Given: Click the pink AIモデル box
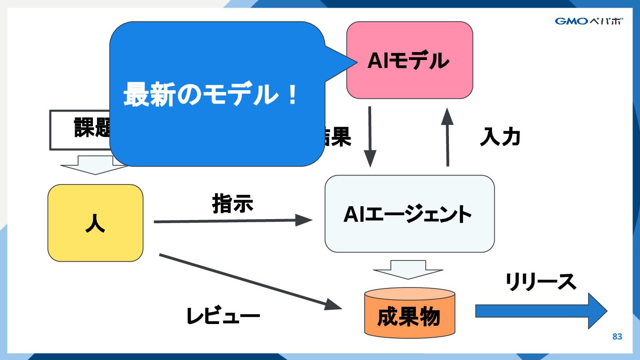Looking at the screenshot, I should tap(409, 60).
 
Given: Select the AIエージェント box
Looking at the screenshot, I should tap(409, 214).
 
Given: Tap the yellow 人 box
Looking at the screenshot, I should tap(95, 223).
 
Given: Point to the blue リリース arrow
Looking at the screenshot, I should tap(540, 311).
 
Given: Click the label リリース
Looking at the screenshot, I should tap(540, 281).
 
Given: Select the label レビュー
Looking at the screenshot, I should tap(223, 316).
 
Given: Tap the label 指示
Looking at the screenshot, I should tap(232, 204).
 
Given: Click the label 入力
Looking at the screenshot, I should tap(500, 137).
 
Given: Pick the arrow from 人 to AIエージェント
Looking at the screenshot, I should tap(231, 220).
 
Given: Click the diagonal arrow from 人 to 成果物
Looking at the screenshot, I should tap(249, 281).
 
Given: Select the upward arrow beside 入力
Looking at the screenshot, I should tap(447, 138).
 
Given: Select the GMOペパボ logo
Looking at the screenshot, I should tap(588, 21).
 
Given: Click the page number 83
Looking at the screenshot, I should tap(617, 336).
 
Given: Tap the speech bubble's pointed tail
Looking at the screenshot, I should tap(342, 63).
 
